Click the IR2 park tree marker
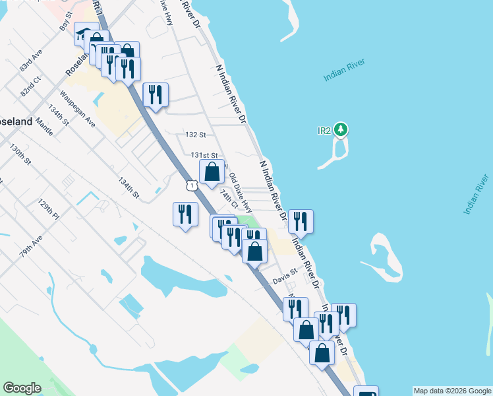(341, 129)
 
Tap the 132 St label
(196, 135)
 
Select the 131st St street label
(204, 155)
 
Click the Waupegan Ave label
(78, 110)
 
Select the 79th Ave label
(30, 247)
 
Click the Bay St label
(65, 25)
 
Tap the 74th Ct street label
(228, 197)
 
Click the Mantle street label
(44, 124)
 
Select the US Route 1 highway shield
(191, 185)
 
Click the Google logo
(22, 388)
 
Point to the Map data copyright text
(451, 391)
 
